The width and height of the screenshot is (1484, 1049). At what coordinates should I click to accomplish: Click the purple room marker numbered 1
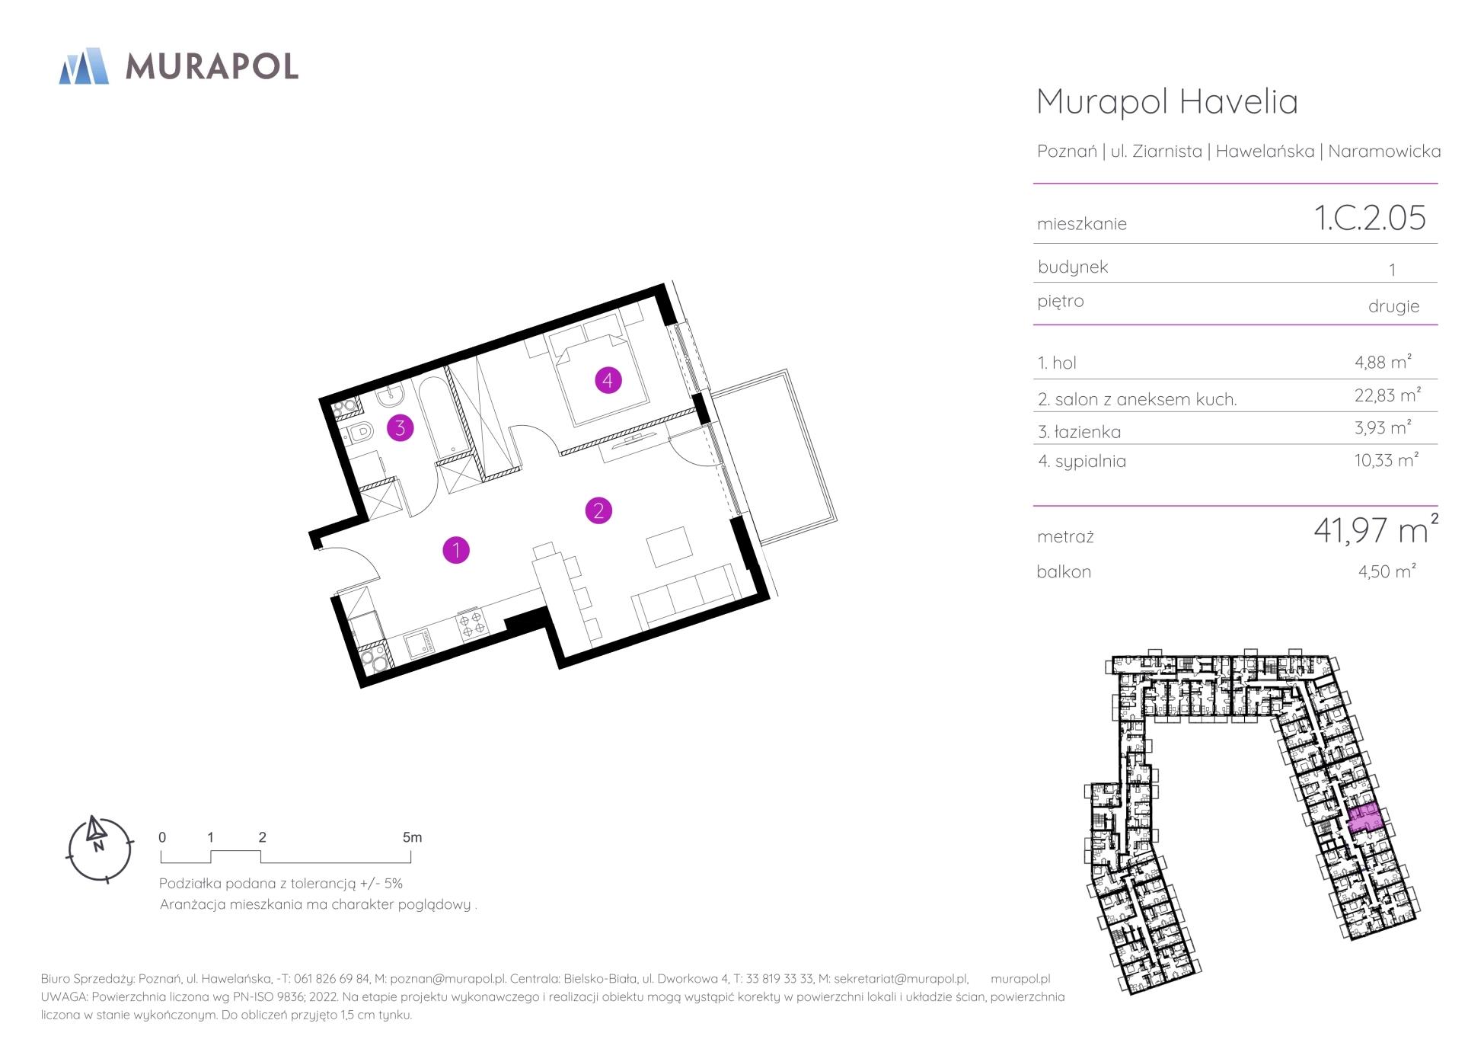pyautogui.click(x=456, y=550)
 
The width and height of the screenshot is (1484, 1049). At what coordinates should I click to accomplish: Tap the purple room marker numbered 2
pyautogui.click(x=598, y=510)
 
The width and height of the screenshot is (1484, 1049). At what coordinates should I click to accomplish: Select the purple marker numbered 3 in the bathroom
pyautogui.click(x=401, y=428)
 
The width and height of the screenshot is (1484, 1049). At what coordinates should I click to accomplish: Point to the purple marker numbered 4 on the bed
pyautogui.click(x=608, y=379)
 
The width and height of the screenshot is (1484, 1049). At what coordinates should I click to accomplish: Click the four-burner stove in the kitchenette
pyautogui.click(x=472, y=623)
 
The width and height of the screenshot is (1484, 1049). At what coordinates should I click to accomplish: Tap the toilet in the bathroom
pyautogui.click(x=359, y=433)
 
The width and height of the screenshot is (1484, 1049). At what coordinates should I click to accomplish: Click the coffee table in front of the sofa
pyautogui.click(x=670, y=545)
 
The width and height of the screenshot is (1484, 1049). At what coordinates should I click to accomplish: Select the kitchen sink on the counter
pyautogui.click(x=417, y=644)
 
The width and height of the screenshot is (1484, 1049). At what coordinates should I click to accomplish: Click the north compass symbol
pyautogui.click(x=99, y=849)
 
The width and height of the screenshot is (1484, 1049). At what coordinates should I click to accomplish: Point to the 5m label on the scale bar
pyautogui.click(x=412, y=837)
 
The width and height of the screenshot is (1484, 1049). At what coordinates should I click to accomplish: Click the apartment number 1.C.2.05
pyautogui.click(x=1369, y=218)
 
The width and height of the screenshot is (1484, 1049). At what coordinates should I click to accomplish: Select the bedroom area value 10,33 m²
pyautogui.click(x=1387, y=459)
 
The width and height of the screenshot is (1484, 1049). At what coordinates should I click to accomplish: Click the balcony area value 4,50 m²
pyautogui.click(x=1387, y=571)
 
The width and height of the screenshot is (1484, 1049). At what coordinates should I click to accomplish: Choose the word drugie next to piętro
pyautogui.click(x=1393, y=306)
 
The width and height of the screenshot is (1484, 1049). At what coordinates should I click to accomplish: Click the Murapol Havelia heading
pyautogui.click(x=1167, y=101)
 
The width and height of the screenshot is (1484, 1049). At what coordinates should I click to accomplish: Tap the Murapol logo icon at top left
pyautogui.click(x=84, y=66)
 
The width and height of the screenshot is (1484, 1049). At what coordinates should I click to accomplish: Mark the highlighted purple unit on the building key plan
pyautogui.click(x=1364, y=817)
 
